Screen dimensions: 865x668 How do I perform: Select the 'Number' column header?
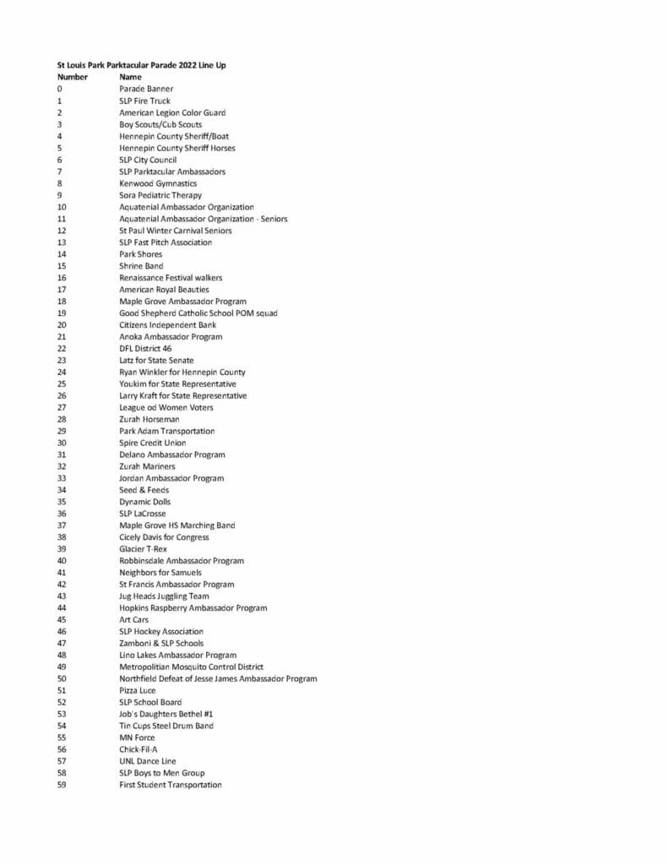coord(72,77)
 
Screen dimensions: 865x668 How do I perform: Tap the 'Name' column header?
coord(130,77)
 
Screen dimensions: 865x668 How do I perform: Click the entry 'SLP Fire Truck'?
coord(144,101)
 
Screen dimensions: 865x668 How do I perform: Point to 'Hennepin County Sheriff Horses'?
coord(177,148)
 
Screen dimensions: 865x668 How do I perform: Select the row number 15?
coord(62,266)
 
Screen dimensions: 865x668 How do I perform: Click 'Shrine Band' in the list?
coord(141,266)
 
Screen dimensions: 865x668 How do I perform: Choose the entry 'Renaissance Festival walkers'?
coord(171,278)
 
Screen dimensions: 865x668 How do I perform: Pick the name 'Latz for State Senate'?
coord(156,360)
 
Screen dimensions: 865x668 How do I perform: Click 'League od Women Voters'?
coord(166,407)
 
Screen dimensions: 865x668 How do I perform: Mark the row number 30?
coord(62,443)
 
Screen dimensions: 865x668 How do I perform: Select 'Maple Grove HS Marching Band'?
coord(177,525)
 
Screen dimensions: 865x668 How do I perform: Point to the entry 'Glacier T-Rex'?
coord(143,549)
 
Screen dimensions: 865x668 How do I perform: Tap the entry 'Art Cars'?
coord(133,620)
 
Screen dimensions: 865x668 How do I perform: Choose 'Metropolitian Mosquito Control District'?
coord(191,667)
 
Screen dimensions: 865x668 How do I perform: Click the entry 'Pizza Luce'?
coord(137,690)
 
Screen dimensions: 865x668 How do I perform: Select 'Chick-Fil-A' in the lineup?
coord(138,749)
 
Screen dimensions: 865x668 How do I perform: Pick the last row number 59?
coord(62,785)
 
